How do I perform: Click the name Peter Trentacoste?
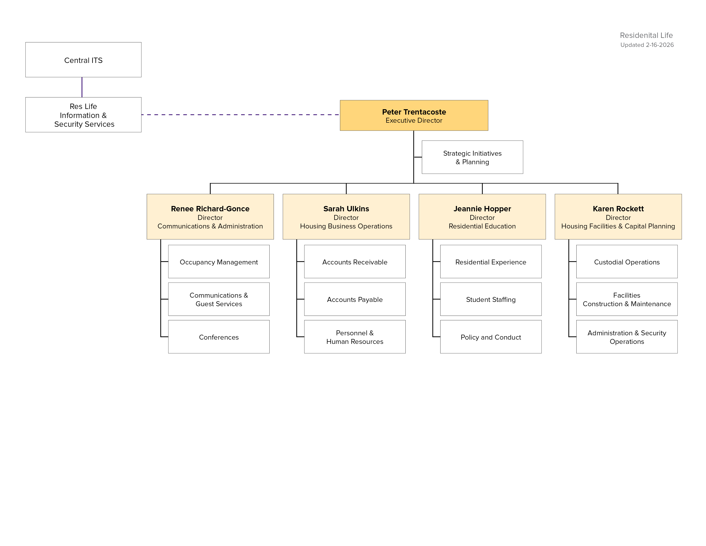click(x=414, y=112)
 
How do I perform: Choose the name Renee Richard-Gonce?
click(x=210, y=209)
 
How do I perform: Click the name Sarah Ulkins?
click(x=346, y=209)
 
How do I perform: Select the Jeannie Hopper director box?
click(x=482, y=217)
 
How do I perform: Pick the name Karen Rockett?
click(x=618, y=209)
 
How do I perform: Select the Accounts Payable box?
click(x=355, y=299)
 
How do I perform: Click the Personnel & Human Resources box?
click(x=355, y=337)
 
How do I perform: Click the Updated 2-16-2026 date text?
click(x=647, y=45)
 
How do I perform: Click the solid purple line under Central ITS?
click(x=82, y=87)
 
